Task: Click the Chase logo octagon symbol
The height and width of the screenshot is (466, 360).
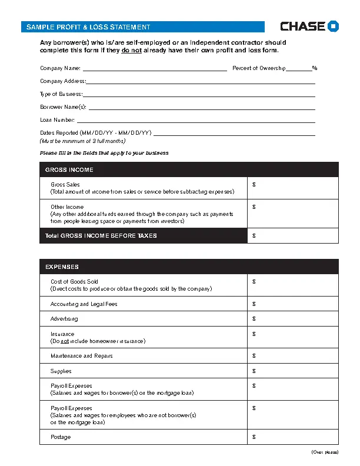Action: tap(334, 26)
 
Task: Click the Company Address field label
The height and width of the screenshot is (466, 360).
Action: tap(62, 81)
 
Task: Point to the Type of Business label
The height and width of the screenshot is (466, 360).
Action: tap(61, 94)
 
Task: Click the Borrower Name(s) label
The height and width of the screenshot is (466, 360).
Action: tap(63, 107)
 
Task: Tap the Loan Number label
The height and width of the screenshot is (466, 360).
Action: tap(57, 120)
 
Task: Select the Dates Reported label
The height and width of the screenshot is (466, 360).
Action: tap(95, 133)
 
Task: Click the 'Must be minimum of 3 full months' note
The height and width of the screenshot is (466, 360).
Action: tap(82, 141)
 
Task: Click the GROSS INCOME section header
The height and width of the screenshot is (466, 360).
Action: tap(69, 170)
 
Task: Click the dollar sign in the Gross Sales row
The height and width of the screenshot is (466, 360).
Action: tap(254, 185)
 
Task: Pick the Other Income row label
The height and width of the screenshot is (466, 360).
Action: tap(67, 207)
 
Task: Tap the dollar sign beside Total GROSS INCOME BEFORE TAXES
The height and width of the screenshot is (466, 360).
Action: tap(254, 236)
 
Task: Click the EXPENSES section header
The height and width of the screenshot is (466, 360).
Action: tap(62, 267)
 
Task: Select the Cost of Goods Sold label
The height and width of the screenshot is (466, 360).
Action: tap(74, 282)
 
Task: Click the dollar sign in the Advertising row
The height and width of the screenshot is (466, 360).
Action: tap(254, 319)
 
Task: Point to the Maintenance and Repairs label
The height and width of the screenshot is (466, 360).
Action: tap(81, 356)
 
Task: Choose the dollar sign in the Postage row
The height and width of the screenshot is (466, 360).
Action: tap(254, 437)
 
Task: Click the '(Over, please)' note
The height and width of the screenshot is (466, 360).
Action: tap(325, 452)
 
